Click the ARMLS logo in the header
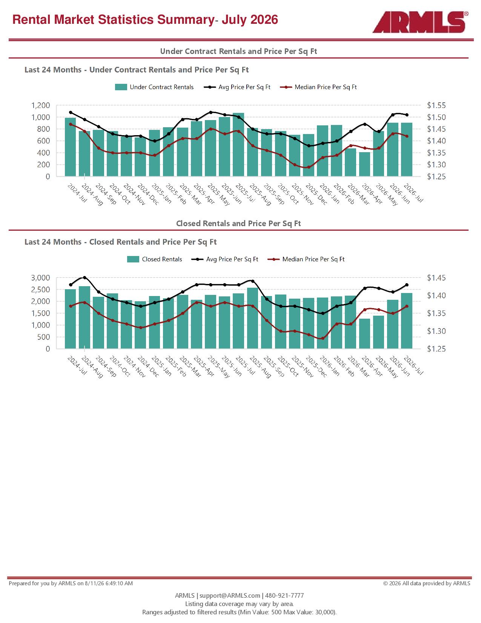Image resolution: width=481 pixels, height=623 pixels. tap(420, 22)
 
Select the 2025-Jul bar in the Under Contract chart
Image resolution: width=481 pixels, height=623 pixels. tap(238, 145)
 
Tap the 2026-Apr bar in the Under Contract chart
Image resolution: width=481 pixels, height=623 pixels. tap(364, 164)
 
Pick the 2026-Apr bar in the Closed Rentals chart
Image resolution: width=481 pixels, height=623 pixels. tap(364, 334)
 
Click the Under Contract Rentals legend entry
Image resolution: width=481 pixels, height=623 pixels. tap(154, 87)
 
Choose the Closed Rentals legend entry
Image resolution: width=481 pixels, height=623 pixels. tap(154, 259)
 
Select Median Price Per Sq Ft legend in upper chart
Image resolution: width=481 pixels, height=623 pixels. tap(318, 87)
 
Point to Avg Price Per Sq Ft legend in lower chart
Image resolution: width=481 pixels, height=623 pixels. tap(225, 259)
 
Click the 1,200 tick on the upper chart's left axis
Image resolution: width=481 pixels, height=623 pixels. tap(40, 105)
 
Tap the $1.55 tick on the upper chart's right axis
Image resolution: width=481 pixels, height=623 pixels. tap(436, 105)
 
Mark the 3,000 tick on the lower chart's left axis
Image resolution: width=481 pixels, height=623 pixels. tap(40, 278)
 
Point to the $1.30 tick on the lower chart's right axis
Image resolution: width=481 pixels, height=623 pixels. tap(436, 331)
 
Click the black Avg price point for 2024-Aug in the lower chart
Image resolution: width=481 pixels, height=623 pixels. tap(85, 278)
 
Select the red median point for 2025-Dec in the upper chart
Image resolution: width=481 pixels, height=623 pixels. tap(309, 167)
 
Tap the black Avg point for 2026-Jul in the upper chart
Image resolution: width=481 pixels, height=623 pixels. tap(407, 115)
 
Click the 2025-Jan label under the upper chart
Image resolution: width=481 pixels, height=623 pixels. tap(161, 194)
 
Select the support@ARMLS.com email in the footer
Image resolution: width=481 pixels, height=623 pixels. tap(230, 595)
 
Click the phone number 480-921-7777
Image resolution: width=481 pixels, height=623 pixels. tap(284, 595)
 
